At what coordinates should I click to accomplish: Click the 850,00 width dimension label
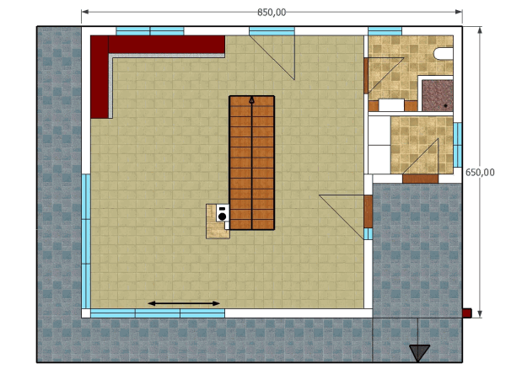point(272,13)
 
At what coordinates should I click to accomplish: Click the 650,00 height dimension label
point(480,172)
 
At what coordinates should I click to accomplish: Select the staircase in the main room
point(251,163)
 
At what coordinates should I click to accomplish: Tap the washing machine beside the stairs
point(223,213)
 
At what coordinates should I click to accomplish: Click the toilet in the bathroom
point(444,54)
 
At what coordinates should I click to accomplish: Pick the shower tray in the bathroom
point(438,95)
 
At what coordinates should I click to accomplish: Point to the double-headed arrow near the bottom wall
point(184,303)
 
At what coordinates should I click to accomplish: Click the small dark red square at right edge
point(466,313)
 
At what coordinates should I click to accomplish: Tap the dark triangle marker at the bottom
point(419,352)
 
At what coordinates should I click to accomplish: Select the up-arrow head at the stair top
point(251,99)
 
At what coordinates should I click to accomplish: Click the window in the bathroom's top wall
point(385,31)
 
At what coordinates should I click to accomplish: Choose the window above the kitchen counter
point(150,31)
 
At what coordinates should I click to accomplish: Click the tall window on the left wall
point(86,241)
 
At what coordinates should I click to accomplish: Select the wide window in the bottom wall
point(158,313)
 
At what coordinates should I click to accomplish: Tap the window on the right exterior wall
point(457,145)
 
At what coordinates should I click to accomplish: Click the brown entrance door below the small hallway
point(420,179)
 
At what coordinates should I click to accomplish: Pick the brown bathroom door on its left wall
point(366,76)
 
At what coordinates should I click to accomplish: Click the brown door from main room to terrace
point(368,211)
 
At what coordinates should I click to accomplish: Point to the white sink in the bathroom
point(391,105)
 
